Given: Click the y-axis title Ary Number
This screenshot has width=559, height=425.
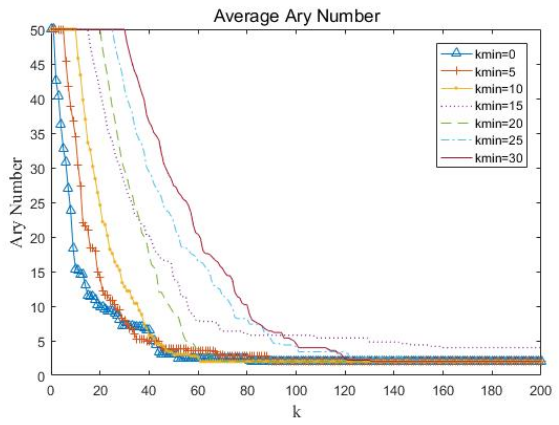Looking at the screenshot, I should pos(16,203).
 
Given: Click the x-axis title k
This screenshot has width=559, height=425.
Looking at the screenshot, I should pos(296,412).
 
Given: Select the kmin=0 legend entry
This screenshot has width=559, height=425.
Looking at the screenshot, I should pos(495,54).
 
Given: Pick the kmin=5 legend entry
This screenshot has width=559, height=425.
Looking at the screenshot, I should pos(495,72).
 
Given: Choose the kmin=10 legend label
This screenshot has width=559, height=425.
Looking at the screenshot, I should pos(498,89).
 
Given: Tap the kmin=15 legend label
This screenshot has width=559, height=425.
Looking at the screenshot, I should pos(498,106).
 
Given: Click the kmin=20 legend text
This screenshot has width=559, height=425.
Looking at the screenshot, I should pos(498,123).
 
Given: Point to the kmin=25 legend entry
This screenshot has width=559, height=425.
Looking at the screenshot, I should pos(498,140).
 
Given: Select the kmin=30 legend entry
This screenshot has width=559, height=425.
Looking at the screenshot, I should pos(498,158).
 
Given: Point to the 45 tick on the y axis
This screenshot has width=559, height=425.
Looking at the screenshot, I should pos(37,65).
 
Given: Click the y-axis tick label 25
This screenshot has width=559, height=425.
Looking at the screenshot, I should pos(37,203).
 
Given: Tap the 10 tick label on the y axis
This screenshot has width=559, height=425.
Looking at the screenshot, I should pos(37,307).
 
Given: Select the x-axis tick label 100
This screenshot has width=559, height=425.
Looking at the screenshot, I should pos(296,391).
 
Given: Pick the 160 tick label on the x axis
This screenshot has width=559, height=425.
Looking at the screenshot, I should pos(443,391).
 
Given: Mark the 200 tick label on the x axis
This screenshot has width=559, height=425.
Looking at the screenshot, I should pos(540,391).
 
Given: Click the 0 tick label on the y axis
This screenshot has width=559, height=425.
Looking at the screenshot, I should pos(41,376).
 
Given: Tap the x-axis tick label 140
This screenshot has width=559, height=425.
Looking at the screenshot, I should pos(394,391).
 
